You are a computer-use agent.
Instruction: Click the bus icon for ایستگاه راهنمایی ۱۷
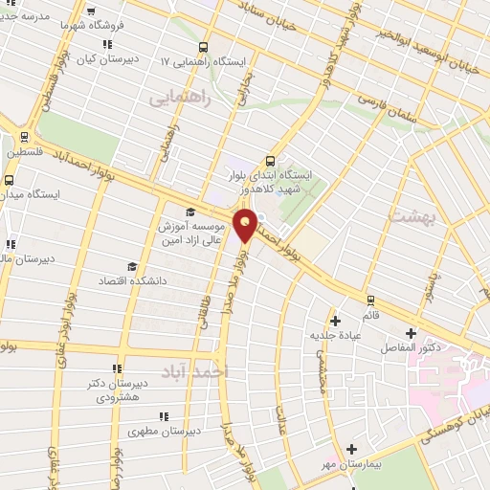[202, 47]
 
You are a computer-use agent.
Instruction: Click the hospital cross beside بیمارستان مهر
[351, 449]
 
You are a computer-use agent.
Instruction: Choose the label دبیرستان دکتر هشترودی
[119, 389]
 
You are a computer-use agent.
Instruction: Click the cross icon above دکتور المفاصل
[412, 334]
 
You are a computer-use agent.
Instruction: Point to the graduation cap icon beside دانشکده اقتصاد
[131, 267]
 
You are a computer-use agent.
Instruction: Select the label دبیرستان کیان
[115, 58]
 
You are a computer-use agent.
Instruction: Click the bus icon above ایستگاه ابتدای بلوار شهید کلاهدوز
[271, 161]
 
